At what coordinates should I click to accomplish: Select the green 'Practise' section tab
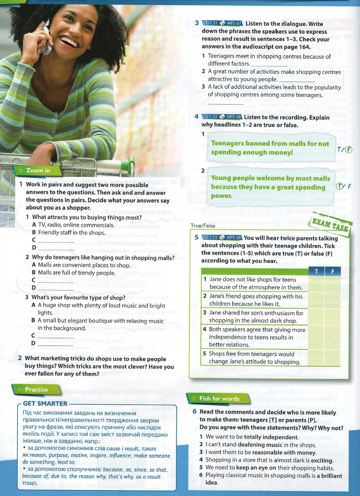coord(36,390)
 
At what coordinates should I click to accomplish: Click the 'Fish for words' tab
coord(219,398)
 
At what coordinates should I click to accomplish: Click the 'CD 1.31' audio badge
coord(210,23)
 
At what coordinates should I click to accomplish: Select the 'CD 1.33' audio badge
coord(210,237)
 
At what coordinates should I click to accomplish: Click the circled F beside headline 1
coord(349,149)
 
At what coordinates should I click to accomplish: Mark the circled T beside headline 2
coord(340,186)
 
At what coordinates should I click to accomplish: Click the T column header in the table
coord(316,271)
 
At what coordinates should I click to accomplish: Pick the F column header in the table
coord(333,271)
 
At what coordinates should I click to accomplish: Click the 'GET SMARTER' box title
coord(45,404)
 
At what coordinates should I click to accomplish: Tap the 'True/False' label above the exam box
coord(203,226)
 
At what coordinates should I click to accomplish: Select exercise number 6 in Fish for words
coord(195,412)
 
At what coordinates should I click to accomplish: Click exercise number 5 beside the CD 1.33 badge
coord(196,237)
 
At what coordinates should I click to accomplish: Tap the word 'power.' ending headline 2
coord(221,196)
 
